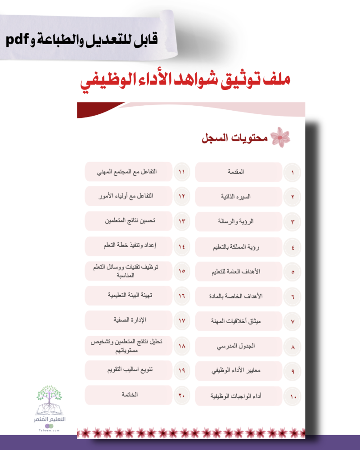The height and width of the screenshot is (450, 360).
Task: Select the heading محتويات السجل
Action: point(234,138)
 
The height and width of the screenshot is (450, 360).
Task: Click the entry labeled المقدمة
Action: point(239,172)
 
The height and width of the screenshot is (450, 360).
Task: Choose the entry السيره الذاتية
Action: point(239,197)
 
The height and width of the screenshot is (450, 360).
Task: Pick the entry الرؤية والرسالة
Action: point(239,221)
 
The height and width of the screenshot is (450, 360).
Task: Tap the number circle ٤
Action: point(292,247)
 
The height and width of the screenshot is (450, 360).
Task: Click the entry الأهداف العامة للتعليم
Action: point(239,272)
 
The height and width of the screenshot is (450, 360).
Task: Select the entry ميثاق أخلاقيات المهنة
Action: point(239,322)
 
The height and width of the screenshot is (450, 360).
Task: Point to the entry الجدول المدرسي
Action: point(239,346)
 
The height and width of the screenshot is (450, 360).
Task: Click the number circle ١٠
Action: point(293,396)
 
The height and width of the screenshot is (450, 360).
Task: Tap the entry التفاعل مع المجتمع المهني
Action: point(129,172)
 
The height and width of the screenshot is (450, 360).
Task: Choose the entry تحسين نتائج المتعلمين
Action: point(129,221)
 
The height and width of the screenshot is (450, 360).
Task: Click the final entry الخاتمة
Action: point(129,395)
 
